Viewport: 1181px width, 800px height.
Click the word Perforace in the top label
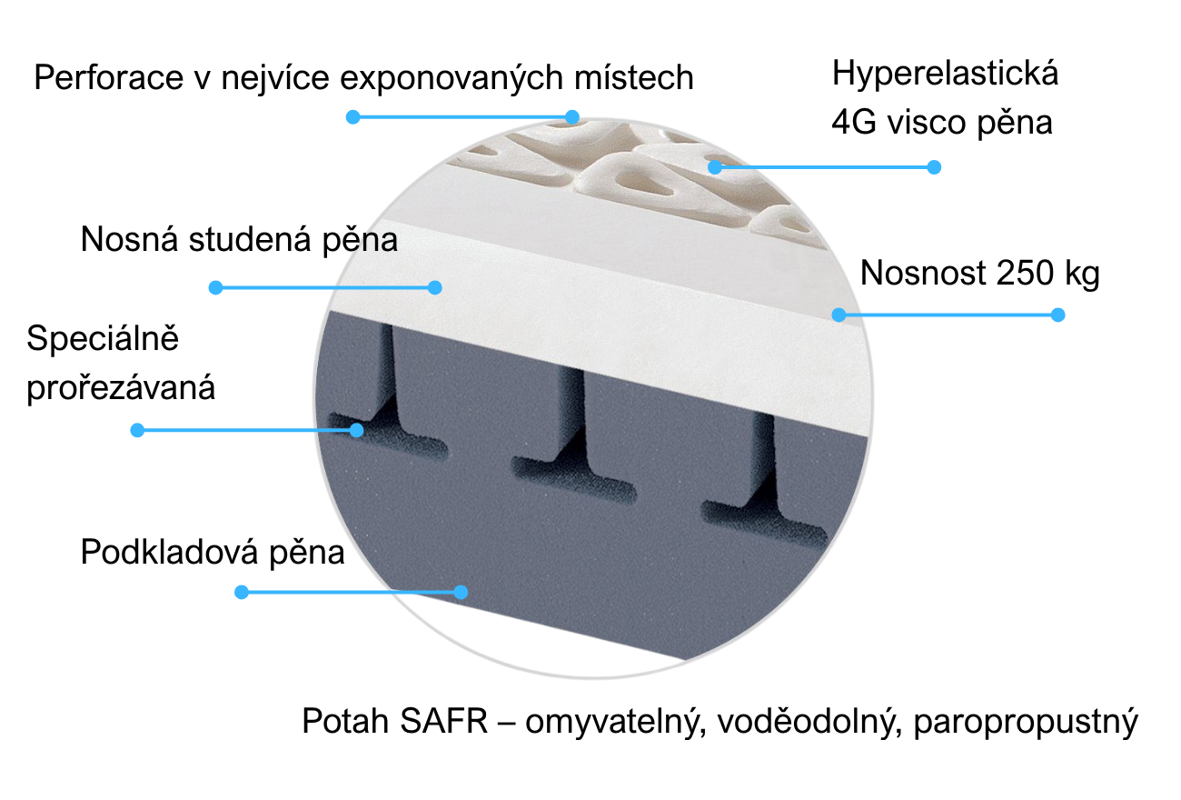pos(109,77)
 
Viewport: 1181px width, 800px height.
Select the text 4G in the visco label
pos(854,122)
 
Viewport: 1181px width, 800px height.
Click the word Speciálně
pos(103,338)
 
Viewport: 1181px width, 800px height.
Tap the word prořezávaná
pos(121,388)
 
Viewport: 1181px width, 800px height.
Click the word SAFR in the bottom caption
pos(444,721)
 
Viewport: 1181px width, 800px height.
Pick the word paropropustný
pos(1026,723)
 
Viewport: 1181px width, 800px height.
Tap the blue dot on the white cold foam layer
pos(435,287)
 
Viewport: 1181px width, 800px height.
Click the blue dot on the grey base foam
pos(461,592)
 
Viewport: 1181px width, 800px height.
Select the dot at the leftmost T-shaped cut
pos(357,430)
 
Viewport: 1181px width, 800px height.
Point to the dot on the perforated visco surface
pos(715,167)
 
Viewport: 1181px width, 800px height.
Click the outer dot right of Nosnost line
pos(1057,315)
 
